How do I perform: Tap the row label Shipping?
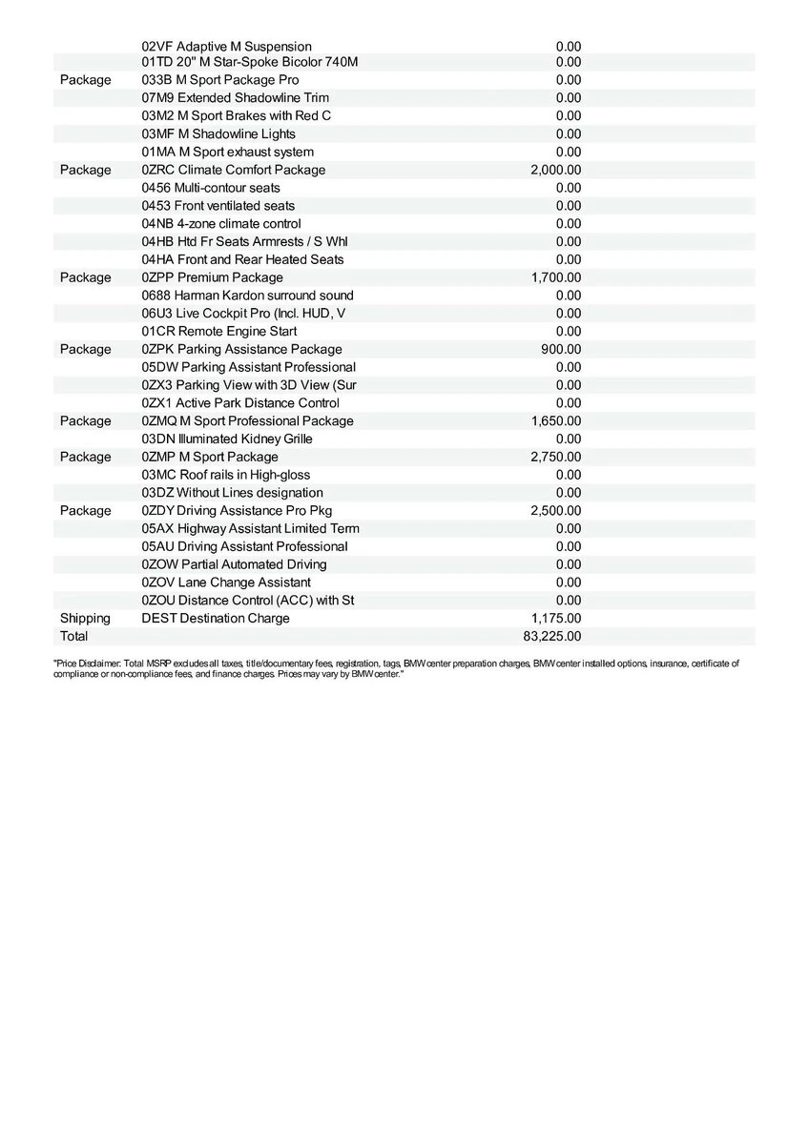85,618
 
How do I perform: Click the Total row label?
73,636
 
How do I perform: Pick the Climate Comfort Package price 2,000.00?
555,170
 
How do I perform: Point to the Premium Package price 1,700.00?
555,277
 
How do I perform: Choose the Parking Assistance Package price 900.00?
561,349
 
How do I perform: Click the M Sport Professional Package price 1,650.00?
555,420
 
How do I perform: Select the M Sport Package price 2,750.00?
555,457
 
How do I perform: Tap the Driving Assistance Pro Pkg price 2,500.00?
555,511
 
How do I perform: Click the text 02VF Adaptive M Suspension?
226,46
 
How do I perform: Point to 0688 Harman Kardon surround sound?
247,296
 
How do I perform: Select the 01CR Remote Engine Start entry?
218,331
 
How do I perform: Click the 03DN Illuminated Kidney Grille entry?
226,439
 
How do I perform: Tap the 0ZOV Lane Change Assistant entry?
225,582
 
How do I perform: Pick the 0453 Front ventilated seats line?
218,206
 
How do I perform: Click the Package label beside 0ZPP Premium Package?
85,277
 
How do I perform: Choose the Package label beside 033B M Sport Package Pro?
85,80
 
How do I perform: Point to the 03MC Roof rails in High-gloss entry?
225,475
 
